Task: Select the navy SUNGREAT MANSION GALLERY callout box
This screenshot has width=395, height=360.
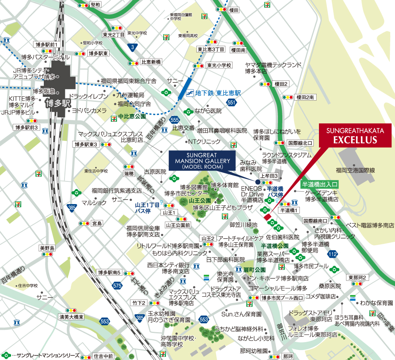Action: tap(202, 160)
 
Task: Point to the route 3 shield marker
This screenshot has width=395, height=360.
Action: tap(133, 47)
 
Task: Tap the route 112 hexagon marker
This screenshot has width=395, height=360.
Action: tap(332, 253)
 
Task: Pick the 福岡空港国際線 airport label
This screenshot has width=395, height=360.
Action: tap(356, 170)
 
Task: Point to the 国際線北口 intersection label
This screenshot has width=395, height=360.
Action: tap(300, 143)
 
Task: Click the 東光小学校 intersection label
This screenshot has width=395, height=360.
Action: tap(219, 65)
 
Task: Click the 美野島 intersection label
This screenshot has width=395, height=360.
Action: tap(47, 248)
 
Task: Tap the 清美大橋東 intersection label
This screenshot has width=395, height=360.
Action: tap(71, 317)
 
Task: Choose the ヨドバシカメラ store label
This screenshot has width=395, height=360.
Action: tap(89, 111)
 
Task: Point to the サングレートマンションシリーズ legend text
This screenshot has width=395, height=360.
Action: tap(45, 355)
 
